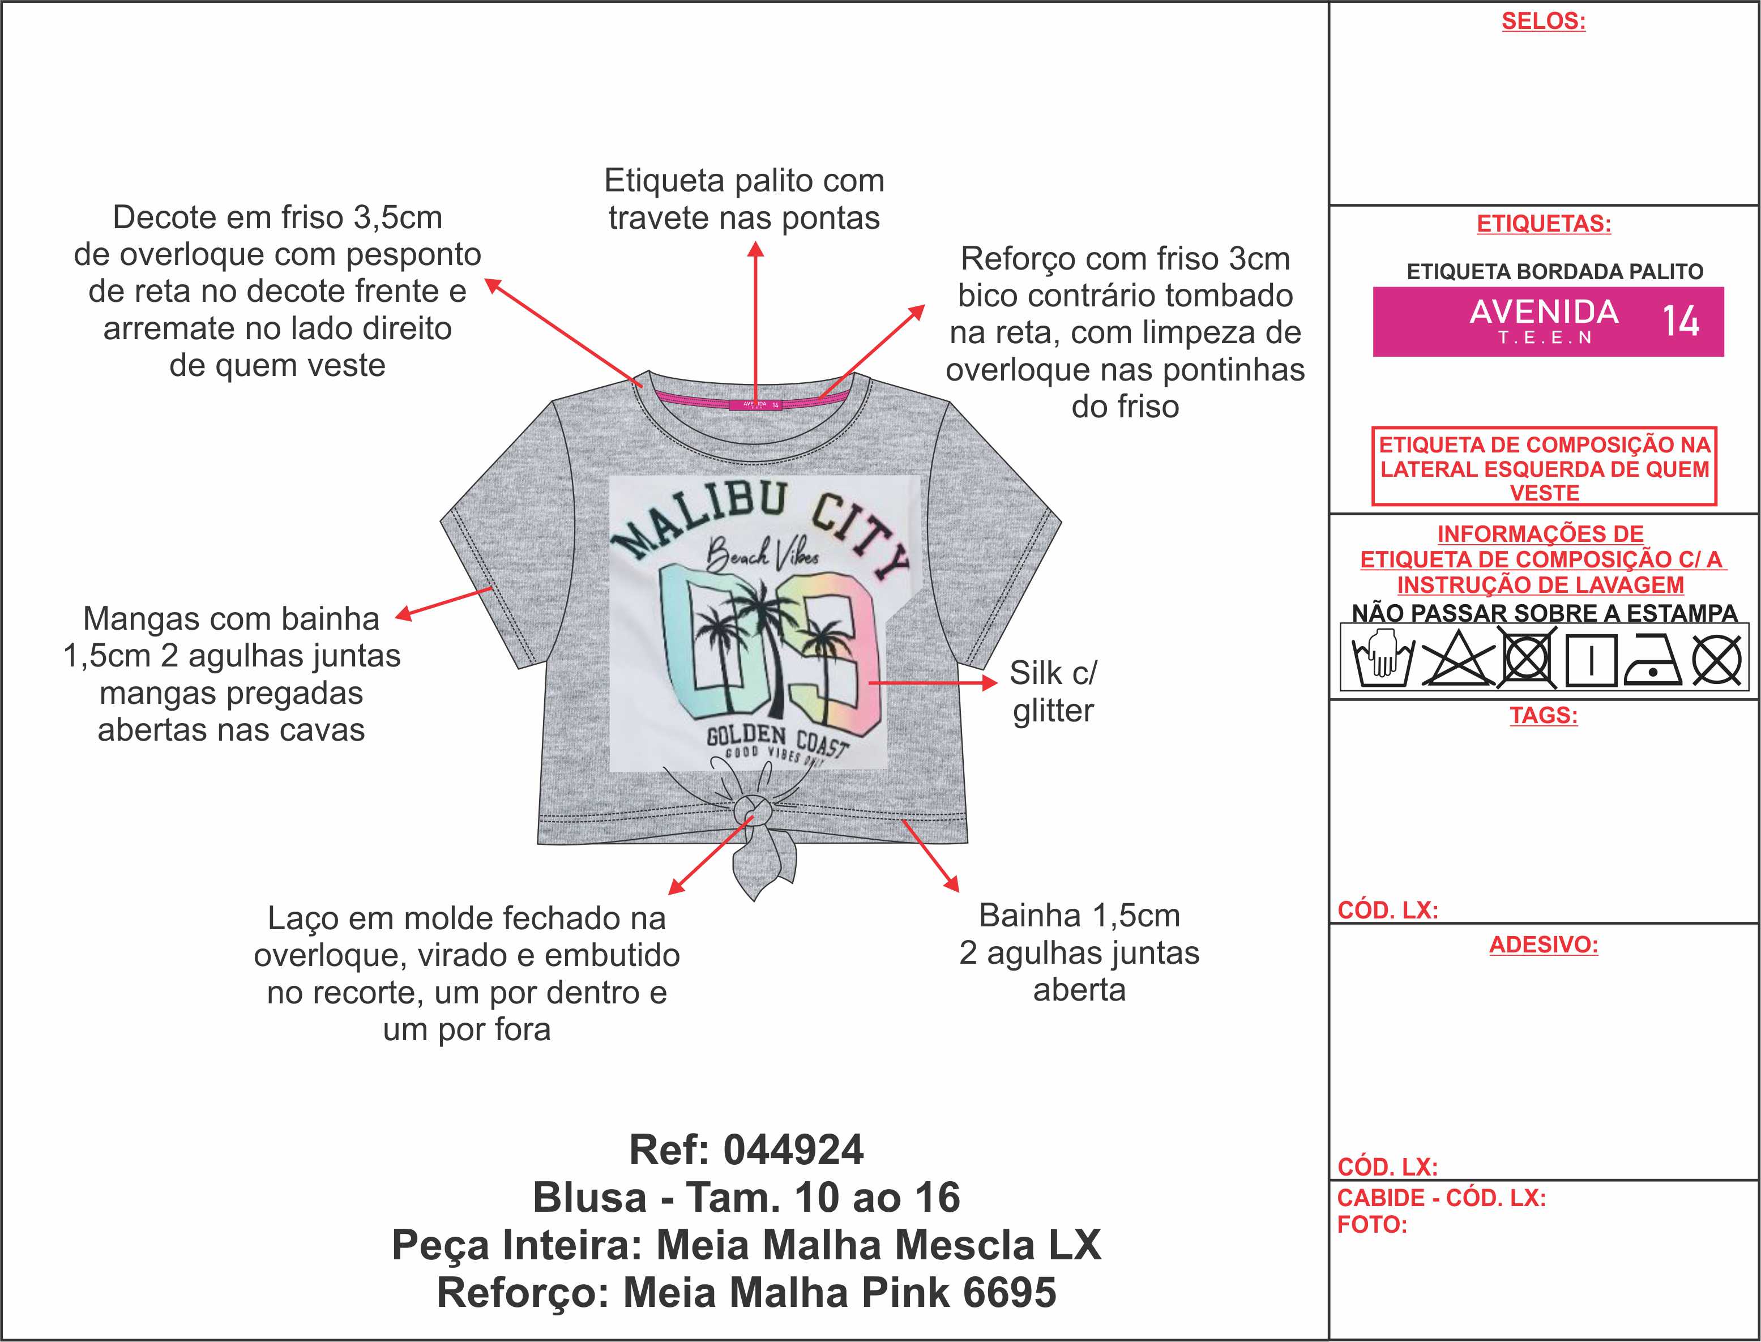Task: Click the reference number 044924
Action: click(793, 1150)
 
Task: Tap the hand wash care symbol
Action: click(1381, 659)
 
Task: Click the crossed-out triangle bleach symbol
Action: click(1457, 660)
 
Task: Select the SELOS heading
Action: click(1543, 22)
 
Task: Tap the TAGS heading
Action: click(1543, 715)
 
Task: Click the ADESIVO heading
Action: click(1543, 945)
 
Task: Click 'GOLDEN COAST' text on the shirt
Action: click(775, 739)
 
